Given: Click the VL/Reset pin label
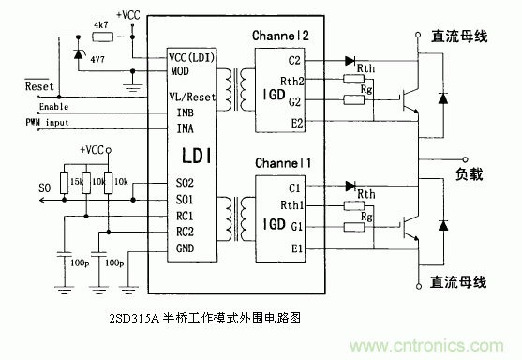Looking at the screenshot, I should (191, 96).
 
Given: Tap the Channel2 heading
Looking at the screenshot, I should (284, 36).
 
